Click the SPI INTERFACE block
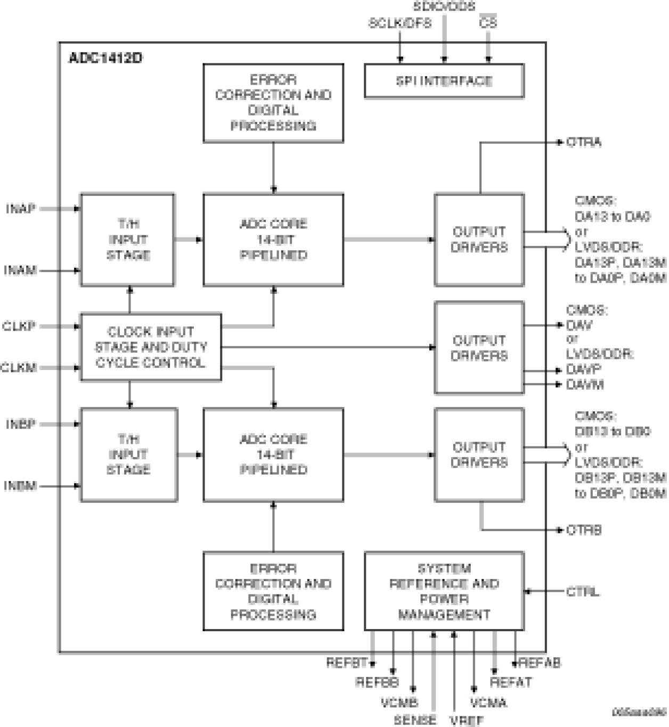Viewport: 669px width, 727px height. (x=444, y=81)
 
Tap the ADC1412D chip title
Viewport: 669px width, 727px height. (x=105, y=57)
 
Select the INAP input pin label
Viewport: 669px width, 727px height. (x=21, y=209)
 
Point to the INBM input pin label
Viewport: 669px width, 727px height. (x=20, y=486)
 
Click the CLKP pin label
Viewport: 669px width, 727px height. (x=19, y=326)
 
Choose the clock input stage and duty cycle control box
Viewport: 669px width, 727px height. (x=151, y=347)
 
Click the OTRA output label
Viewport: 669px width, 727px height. (x=584, y=142)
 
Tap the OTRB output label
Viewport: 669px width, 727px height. (x=584, y=530)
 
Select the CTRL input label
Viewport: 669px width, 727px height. (x=582, y=591)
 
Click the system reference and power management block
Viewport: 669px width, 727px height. (x=444, y=591)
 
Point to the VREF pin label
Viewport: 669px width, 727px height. (x=466, y=721)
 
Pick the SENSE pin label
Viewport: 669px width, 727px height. (x=415, y=720)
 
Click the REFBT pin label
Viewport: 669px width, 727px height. (x=347, y=663)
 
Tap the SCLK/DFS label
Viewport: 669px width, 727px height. (x=399, y=23)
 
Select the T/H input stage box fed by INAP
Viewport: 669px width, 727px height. (x=127, y=239)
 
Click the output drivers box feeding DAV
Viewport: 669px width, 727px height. (x=479, y=348)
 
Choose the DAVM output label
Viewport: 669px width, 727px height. (x=585, y=384)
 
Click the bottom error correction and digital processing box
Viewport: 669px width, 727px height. (x=273, y=591)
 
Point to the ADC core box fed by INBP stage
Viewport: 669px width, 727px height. (x=273, y=455)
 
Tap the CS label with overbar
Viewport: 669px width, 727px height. (x=487, y=23)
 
